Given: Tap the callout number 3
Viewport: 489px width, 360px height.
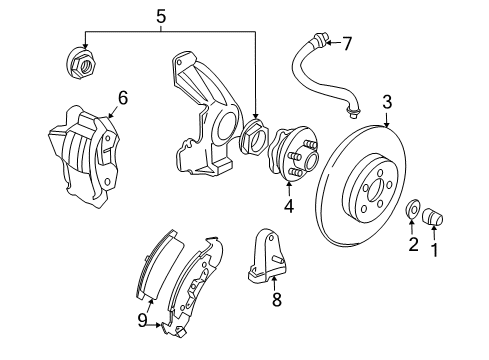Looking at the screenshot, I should tap(386, 100).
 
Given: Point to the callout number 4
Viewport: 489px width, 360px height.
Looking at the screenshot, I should tap(289, 207).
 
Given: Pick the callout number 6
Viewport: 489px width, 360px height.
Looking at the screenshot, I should tap(123, 98).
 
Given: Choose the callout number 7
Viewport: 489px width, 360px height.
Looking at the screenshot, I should tap(347, 43).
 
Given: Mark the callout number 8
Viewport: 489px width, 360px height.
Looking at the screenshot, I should tap(277, 297).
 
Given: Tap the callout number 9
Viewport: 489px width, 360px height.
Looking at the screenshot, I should tap(142, 320).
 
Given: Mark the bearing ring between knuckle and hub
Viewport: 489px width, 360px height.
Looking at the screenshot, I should tap(256, 141).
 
